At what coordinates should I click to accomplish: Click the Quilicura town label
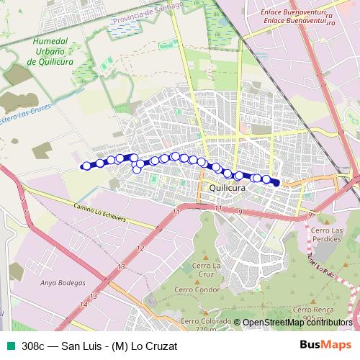[227, 187]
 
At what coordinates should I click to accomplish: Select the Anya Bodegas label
[63, 283]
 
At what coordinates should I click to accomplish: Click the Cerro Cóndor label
[206, 289]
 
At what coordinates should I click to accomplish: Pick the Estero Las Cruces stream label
[29, 117]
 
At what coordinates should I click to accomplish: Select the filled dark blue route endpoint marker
[275, 183]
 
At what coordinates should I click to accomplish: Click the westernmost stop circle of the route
[86, 166]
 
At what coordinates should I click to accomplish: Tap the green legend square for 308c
[9, 345]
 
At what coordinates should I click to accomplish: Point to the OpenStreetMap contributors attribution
[297, 323]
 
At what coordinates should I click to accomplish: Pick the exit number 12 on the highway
[140, 248]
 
